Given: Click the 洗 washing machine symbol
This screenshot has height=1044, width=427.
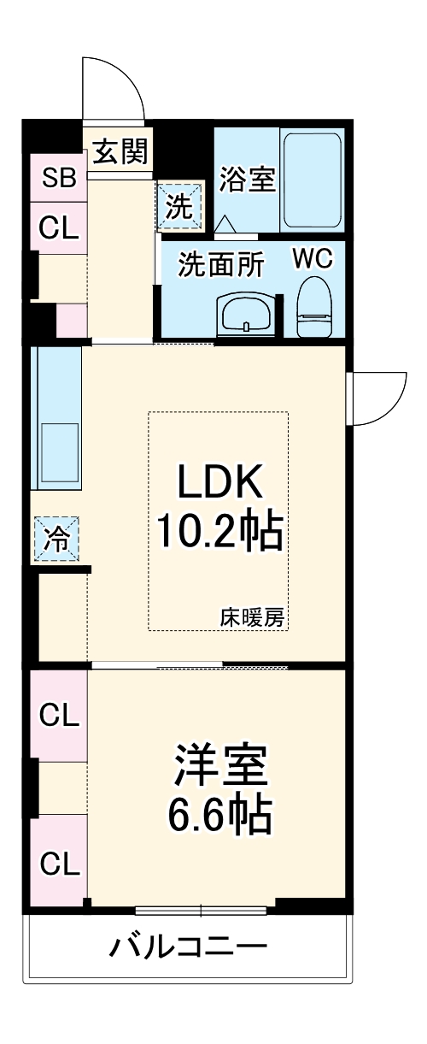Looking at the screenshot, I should pyautogui.click(x=180, y=205).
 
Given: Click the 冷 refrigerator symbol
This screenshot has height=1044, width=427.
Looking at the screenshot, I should pyautogui.click(x=56, y=540).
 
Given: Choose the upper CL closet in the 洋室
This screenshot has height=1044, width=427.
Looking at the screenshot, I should pyautogui.click(x=59, y=714).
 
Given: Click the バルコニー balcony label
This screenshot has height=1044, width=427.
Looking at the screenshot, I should pyautogui.click(x=188, y=947).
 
